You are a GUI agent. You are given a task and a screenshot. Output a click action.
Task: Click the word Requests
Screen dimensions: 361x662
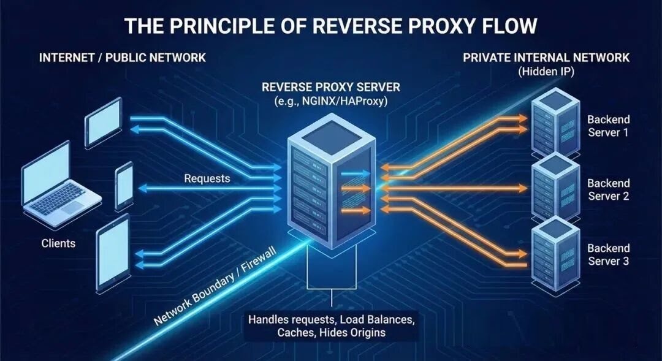[207, 179]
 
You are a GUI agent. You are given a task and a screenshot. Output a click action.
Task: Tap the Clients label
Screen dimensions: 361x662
[59, 243]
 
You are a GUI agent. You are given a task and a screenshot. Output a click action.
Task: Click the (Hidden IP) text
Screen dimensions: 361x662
[546, 71]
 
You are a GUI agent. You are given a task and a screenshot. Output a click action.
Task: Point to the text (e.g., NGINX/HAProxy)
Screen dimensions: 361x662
[331, 101]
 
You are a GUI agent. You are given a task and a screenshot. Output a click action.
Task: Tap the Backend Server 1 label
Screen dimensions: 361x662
[608, 126]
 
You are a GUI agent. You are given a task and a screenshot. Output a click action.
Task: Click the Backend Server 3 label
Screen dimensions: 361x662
[608, 254]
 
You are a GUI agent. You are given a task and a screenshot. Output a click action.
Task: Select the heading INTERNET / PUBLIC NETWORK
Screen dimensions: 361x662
[123, 58]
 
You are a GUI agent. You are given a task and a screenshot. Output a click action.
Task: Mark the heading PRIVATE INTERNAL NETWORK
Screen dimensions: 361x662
[546, 58]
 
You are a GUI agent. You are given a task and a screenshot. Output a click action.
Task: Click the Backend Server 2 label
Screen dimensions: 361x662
[608, 189]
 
